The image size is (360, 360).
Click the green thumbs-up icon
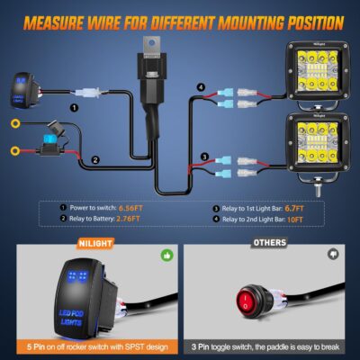click(166, 255)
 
